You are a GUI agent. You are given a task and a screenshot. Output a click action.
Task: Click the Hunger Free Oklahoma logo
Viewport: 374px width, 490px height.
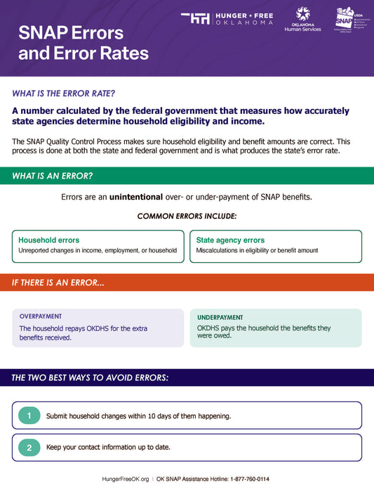point(226,18)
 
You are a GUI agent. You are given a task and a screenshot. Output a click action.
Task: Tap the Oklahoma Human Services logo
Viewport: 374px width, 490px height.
point(302,19)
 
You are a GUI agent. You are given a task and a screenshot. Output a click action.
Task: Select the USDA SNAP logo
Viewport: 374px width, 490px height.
point(347,19)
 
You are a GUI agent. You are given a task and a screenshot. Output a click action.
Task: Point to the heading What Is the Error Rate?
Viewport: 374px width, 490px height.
point(64,93)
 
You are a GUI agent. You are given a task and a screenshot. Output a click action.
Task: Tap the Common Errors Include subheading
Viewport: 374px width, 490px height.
point(187,216)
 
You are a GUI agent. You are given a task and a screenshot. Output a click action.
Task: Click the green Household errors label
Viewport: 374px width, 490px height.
point(48,240)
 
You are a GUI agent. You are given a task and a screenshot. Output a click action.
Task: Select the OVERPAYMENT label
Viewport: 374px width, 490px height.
point(41,316)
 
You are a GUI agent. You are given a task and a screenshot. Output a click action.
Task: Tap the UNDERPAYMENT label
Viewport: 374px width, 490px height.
point(220,318)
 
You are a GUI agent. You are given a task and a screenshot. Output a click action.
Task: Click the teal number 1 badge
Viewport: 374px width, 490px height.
point(29,415)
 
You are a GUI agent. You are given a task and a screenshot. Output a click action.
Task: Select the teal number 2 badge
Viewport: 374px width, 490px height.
point(29,447)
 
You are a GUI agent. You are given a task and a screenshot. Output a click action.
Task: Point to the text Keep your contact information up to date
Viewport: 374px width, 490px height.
point(108,447)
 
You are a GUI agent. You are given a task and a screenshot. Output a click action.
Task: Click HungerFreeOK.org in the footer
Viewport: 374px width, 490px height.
point(126,479)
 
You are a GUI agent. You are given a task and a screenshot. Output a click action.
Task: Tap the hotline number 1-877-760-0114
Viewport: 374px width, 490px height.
point(250,479)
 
